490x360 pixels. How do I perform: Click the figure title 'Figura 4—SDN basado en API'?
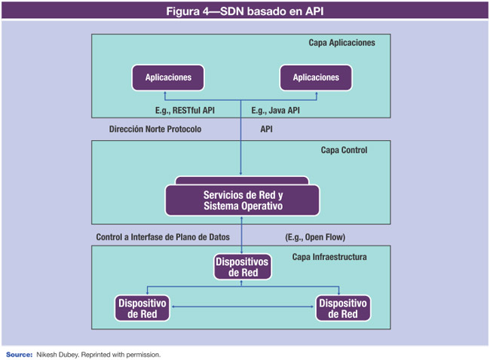pos(244,11)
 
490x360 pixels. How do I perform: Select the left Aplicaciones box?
pos(168,78)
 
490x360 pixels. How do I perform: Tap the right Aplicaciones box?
pos(316,78)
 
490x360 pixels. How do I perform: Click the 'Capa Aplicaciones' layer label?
pos(341,43)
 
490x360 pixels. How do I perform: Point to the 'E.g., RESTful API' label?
pos(185,111)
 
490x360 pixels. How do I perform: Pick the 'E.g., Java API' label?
pos(275,111)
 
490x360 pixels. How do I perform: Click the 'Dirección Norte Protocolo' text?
pos(155,130)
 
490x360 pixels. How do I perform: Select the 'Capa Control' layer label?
pos(344,150)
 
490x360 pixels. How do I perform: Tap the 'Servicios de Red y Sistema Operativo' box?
pos(242,201)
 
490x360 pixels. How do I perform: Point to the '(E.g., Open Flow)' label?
pos(315,237)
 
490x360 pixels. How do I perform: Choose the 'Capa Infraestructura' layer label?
pos(329,257)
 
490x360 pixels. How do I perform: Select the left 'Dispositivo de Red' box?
pos(142,309)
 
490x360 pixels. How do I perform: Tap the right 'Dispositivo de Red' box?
pos(343,309)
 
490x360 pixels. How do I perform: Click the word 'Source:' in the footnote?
pos(19,353)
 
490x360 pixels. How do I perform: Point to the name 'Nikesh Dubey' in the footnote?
pos(59,353)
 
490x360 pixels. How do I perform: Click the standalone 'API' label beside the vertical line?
pos(267,130)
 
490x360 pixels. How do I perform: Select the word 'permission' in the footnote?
pos(142,353)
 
